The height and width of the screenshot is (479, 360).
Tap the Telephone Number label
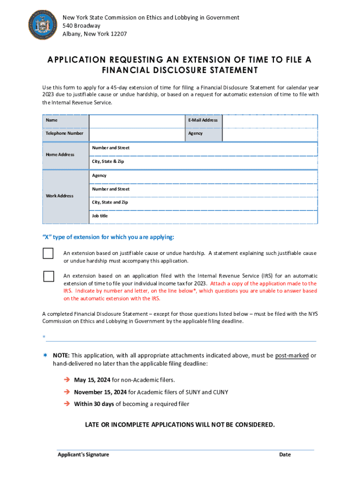coord(65,133)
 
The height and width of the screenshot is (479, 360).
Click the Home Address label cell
coord(60,155)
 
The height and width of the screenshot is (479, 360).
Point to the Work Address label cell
coord(59,196)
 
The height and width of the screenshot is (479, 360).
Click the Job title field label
coord(100,216)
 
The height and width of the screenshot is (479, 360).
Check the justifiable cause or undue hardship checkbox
coord(49,254)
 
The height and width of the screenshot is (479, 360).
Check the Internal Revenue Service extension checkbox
coord(49,276)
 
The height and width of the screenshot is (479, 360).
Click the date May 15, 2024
coord(92,380)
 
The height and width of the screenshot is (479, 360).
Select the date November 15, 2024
coord(101,392)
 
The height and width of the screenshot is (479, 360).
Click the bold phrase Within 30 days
coord(94,404)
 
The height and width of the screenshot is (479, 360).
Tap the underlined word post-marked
coord(292,356)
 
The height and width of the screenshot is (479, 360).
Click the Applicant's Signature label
coord(83,455)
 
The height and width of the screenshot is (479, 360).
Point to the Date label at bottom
coord(285,455)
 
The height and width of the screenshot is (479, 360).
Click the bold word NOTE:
coord(61,356)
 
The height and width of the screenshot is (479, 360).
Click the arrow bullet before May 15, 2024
coord(67,380)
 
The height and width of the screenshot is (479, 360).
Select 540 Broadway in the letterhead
coord(81,26)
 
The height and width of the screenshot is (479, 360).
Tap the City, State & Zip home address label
coord(108,161)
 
